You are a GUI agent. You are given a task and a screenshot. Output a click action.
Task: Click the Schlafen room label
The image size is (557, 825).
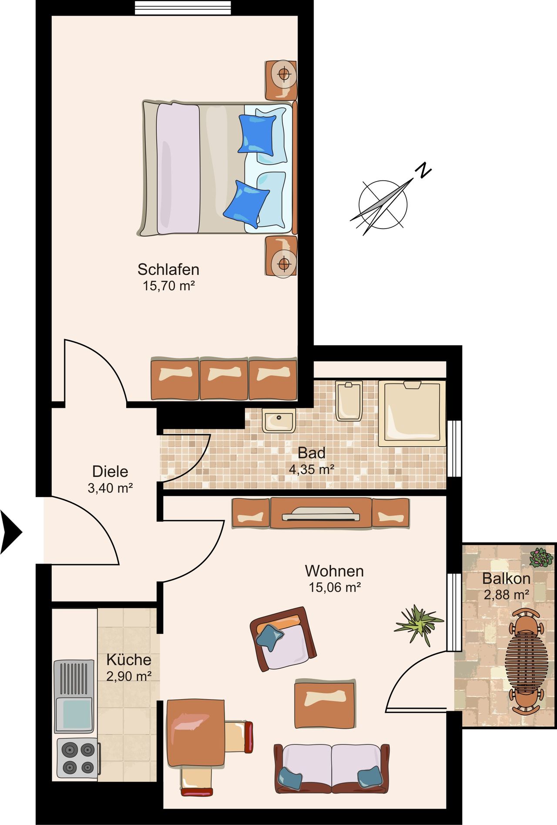point(168,269)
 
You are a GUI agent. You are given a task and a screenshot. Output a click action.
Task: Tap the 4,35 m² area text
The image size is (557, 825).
point(312,470)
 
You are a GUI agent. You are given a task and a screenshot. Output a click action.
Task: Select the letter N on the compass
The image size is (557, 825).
point(423,170)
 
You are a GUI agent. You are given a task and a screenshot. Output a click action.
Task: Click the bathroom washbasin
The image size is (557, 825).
point(279,420)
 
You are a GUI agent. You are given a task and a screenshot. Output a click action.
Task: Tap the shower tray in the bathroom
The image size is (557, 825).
point(412,413)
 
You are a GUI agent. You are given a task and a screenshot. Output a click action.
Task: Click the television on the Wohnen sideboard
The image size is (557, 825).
point(321,514)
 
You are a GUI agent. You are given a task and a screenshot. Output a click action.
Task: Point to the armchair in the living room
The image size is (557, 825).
point(283,639)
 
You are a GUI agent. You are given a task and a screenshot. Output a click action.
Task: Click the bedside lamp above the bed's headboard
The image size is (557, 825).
point(283,75)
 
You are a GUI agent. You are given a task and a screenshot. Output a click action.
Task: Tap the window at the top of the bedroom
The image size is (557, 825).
point(183,8)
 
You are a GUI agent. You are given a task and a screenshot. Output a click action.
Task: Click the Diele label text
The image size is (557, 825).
point(110,471)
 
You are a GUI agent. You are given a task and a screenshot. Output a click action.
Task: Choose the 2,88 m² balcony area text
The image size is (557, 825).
point(507,594)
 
